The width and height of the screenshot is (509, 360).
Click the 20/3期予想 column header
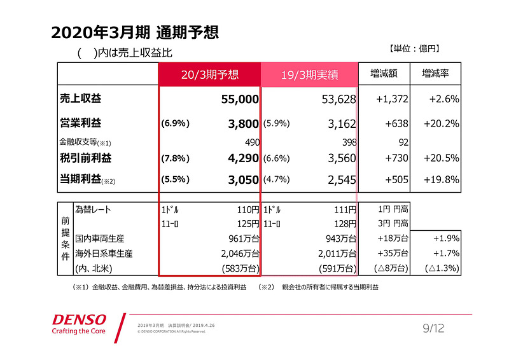click(x=209, y=74)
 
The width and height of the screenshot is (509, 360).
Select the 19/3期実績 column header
click(x=310, y=75)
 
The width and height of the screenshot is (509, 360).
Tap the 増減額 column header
click(x=384, y=74)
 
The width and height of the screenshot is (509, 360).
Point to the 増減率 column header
click(x=435, y=74)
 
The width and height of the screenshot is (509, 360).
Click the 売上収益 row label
click(x=81, y=99)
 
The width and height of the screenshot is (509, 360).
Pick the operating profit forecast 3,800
click(x=244, y=124)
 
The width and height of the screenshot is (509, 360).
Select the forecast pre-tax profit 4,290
click(x=244, y=157)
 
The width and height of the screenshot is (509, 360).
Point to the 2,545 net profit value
click(x=342, y=180)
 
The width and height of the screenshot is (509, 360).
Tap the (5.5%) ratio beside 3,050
click(x=176, y=180)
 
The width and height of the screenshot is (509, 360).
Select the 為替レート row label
click(x=97, y=209)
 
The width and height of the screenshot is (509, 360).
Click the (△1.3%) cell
click(x=442, y=268)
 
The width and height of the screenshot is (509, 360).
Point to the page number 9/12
click(x=434, y=328)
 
